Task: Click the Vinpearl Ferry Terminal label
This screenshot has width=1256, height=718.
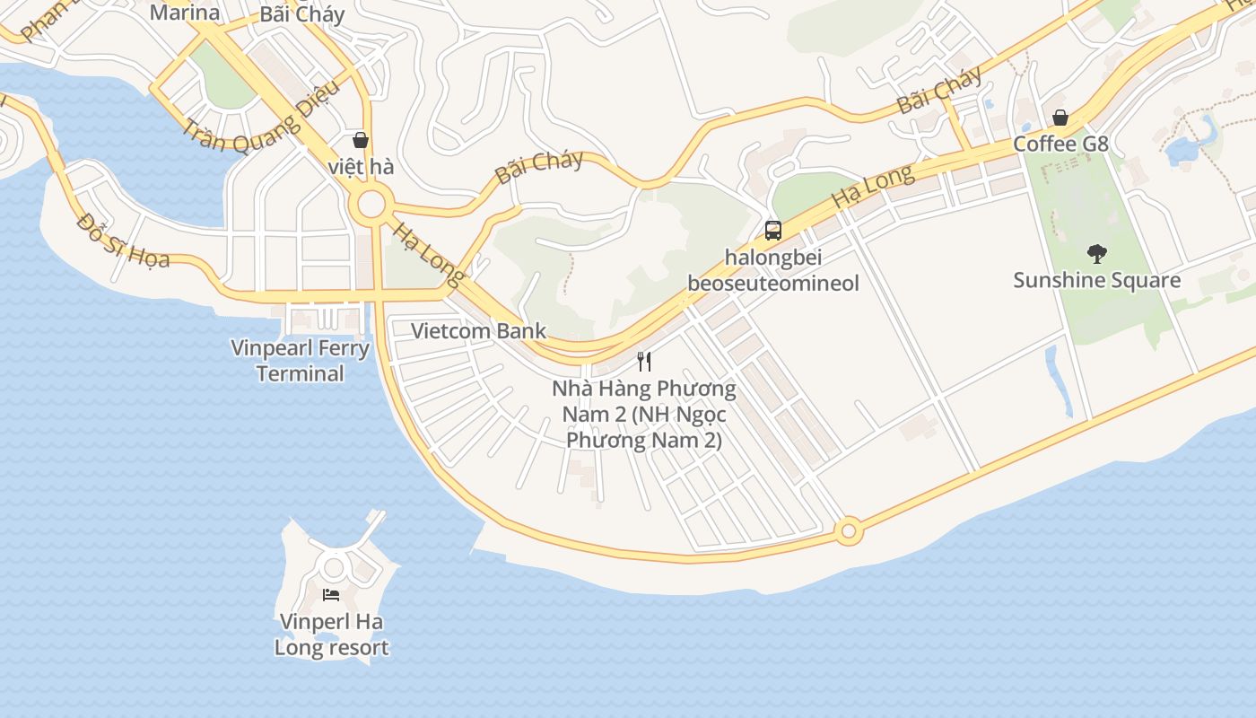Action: tap(301, 360)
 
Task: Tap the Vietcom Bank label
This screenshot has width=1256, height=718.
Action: tap(478, 330)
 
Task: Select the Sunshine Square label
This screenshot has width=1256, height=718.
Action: tap(1096, 280)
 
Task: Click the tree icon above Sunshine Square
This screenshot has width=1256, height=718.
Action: tap(1096, 254)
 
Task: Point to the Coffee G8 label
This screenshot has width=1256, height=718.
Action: tap(1060, 144)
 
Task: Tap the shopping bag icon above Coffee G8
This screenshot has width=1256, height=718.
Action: tap(1060, 118)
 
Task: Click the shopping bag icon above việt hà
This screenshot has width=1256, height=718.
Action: tap(361, 140)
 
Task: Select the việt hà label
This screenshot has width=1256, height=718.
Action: tap(361, 167)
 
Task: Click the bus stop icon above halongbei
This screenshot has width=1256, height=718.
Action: tap(772, 231)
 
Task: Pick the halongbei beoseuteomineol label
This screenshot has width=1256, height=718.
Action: tap(772, 270)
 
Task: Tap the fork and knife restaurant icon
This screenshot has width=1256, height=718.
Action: tap(643, 362)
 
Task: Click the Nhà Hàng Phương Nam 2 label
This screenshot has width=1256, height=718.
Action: tap(643, 415)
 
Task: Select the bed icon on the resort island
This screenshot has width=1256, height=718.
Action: tap(331, 595)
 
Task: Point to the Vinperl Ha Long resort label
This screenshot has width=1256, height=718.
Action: tap(331, 635)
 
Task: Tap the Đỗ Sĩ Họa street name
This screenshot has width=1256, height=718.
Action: tap(123, 241)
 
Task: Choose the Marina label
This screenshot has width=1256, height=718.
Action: tap(184, 13)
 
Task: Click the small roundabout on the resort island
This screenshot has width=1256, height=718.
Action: tap(335, 567)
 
